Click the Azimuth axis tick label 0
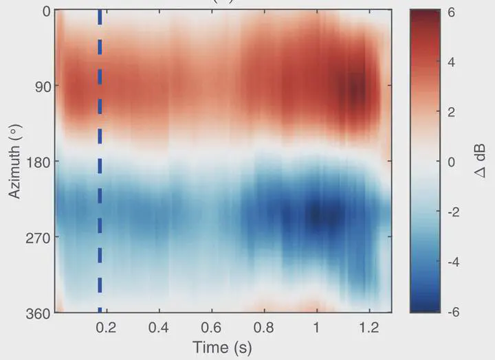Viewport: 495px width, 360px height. [x=45, y=11]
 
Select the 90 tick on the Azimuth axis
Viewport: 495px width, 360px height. [x=41, y=87]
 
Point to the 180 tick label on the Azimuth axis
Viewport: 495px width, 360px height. [x=37, y=162]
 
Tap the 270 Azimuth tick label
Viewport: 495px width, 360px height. [x=37, y=238]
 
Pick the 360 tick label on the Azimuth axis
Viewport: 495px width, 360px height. [x=37, y=313]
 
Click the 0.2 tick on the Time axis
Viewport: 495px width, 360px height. [x=106, y=328]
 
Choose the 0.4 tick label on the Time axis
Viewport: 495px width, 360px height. [x=159, y=328]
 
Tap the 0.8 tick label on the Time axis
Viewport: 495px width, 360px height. [x=264, y=328]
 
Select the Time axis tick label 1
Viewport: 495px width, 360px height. [x=316, y=328]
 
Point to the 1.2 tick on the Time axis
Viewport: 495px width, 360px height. [x=369, y=328]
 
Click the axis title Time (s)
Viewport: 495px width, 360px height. [x=221, y=347]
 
